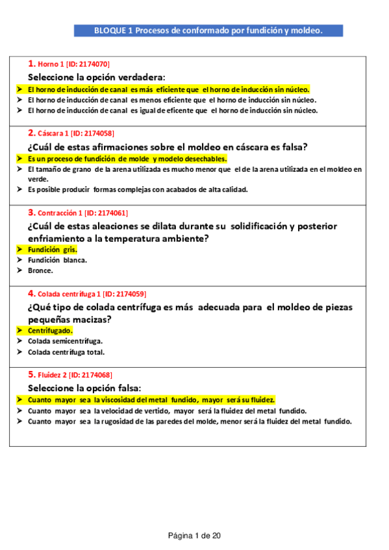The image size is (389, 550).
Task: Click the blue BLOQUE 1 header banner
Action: tap(208, 30)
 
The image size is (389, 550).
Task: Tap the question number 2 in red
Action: tap(31, 133)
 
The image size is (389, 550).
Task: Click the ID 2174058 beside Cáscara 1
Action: tap(91, 134)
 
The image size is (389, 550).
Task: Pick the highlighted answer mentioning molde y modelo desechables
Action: tap(127, 158)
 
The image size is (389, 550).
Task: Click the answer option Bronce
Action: tap(40, 270)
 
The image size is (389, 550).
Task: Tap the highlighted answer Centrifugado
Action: tap(50, 330)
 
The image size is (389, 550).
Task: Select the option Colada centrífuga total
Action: tap(66, 352)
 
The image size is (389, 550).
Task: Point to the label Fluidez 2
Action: tap(53, 375)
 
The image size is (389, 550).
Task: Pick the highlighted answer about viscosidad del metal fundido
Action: tap(151, 400)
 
